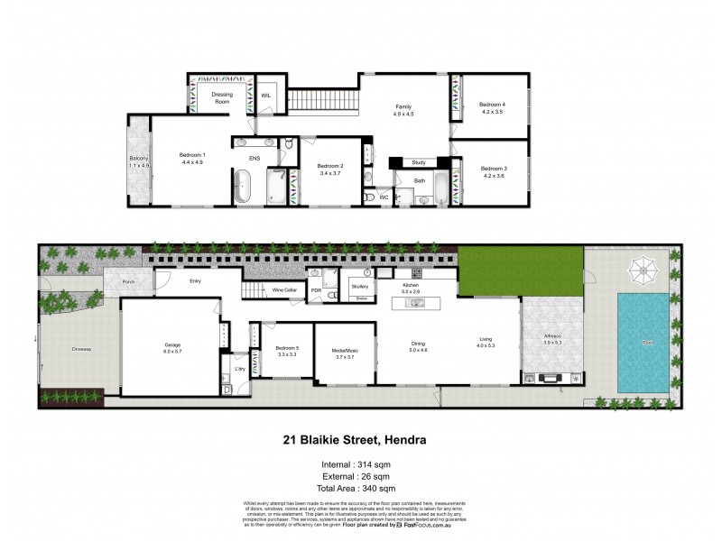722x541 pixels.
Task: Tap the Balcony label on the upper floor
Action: pos(138,162)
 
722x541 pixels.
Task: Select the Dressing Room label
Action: pos(222,98)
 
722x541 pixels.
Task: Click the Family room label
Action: pos(402,110)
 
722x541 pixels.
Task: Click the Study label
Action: pos(418,162)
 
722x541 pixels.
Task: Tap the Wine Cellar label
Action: pos(285,290)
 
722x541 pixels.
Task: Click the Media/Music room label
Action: pos(346,354)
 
